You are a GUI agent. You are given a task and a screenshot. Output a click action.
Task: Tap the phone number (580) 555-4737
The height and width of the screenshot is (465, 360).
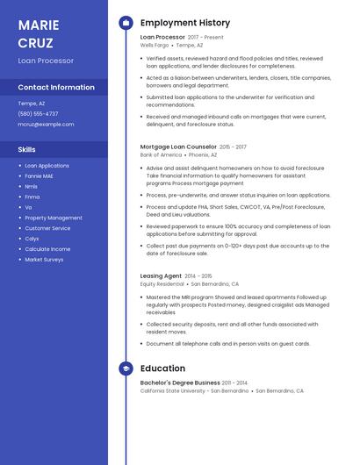pyautogui.click(x=38, y=113)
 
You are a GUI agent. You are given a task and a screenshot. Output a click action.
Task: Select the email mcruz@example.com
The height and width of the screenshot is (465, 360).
pyautogui.click(x=46, y=124)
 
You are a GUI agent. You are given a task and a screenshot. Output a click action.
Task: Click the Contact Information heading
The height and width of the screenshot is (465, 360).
pyautogui.click(x=56, y=87)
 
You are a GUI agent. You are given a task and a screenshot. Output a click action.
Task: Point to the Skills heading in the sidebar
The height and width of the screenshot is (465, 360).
pyautogui.click(x=26, y=149)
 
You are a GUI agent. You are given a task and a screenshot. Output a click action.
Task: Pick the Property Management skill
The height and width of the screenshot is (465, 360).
pyautogui.click(x=54, y=218)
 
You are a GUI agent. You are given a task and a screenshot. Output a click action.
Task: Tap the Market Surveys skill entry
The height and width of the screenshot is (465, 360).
pyautogui.click(x=44, y=260)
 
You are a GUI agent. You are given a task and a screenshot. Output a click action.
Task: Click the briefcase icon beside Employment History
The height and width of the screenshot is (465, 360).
pyautogui.click(x=126, y=23)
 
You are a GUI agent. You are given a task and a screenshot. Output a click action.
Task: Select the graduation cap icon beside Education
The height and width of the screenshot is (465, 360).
pyautogui.click(x=126, y=368)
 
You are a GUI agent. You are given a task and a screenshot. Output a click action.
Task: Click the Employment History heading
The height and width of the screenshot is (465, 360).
pyautogui.click(x=184, y=23)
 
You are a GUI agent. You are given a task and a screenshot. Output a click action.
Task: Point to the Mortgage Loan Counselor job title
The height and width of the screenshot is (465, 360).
pyautogui.click(x=178, y=147)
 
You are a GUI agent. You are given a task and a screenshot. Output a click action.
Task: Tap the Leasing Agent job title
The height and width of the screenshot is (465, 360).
pyautogui.click(x=161, y=275)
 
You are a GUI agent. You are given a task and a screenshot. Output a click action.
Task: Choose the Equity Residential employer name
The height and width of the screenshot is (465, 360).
pyautogui.click(x=162, y=283)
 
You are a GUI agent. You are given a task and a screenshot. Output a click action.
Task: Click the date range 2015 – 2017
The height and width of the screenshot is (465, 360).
pyautogui.click(x=233, y=147)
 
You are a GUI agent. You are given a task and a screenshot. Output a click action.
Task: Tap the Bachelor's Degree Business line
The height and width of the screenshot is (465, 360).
pyautogui.click(x=180, y=383)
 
